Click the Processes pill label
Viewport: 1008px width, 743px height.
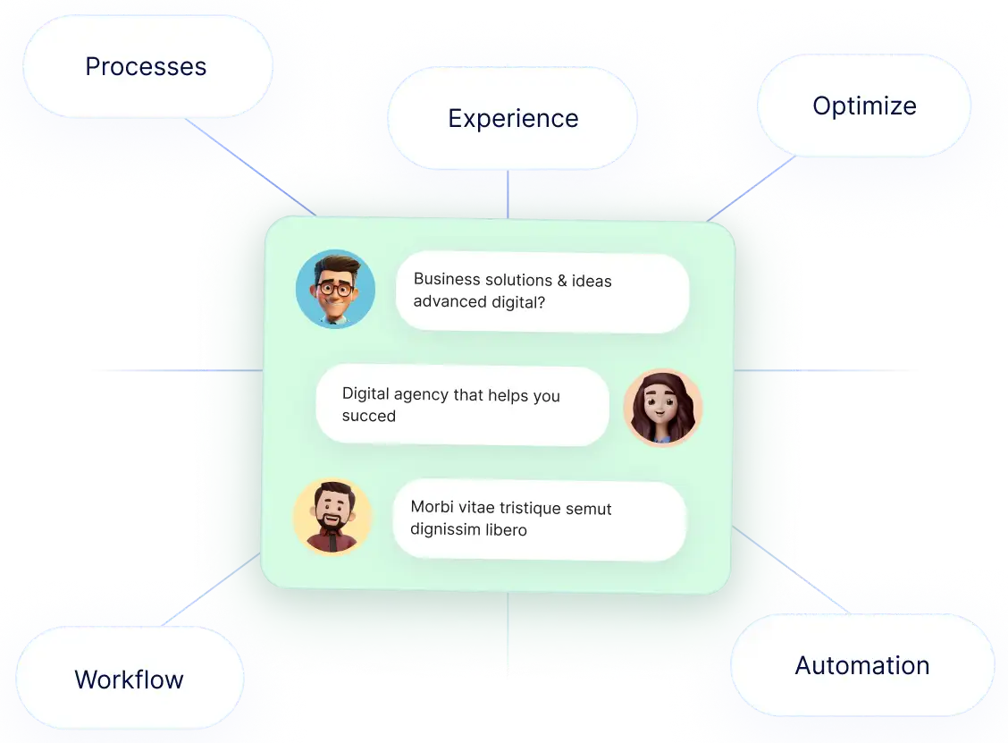(x=146, y=66)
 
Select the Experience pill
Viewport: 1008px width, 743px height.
(x=513, y=118)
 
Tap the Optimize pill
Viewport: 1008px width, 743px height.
(x=864, y=106)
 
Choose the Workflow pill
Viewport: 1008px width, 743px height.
(x=130, y=679)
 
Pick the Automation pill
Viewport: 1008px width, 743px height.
(x=862, y=665)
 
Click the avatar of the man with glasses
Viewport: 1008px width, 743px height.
(x=335, y=289)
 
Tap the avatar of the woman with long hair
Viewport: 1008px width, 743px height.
(x=662, y=408)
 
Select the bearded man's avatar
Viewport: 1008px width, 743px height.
(x=332, y=516)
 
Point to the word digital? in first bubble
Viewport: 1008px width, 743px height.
(x=518, y=302)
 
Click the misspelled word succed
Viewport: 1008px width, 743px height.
(x=368, y=416)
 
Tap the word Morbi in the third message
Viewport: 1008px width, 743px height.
(x=431, y=507)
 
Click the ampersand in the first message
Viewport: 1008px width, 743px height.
(x=562, y=280)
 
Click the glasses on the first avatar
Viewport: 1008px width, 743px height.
(x=335, y=289)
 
